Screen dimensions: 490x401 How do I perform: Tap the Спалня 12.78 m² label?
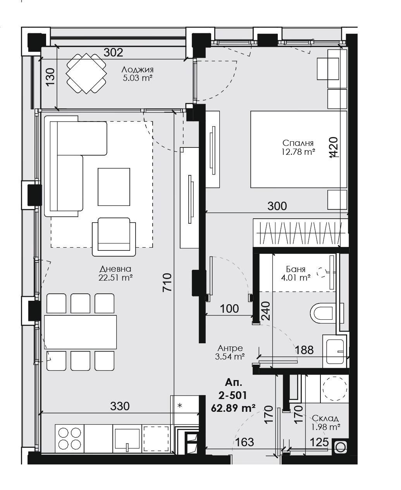[x=298, y=147]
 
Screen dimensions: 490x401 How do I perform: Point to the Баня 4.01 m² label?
[x=296, y=273]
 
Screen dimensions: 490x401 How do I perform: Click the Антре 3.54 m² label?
[x=230, y=352]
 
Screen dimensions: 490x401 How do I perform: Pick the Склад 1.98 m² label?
[x=326, y=423]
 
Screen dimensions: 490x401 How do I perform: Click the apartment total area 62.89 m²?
[x=233, y=407]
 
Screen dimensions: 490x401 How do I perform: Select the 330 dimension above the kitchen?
[x=120, y=406]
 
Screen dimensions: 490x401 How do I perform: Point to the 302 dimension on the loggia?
[x=114, y=52]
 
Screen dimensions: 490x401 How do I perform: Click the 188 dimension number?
[x=304, y=350]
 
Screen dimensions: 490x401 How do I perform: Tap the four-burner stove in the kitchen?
[x=70, y=438]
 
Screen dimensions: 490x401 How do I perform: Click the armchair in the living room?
[x=114, y=236]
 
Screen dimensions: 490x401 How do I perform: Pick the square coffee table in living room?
[x=114, y=187]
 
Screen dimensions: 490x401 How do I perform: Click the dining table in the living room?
[x=81, y=332]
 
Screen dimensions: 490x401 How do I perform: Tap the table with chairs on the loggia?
[x=86, y=74]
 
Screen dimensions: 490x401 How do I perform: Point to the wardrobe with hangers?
[x=300, y=233]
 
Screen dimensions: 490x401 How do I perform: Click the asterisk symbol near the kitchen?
[x=180, y=406]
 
